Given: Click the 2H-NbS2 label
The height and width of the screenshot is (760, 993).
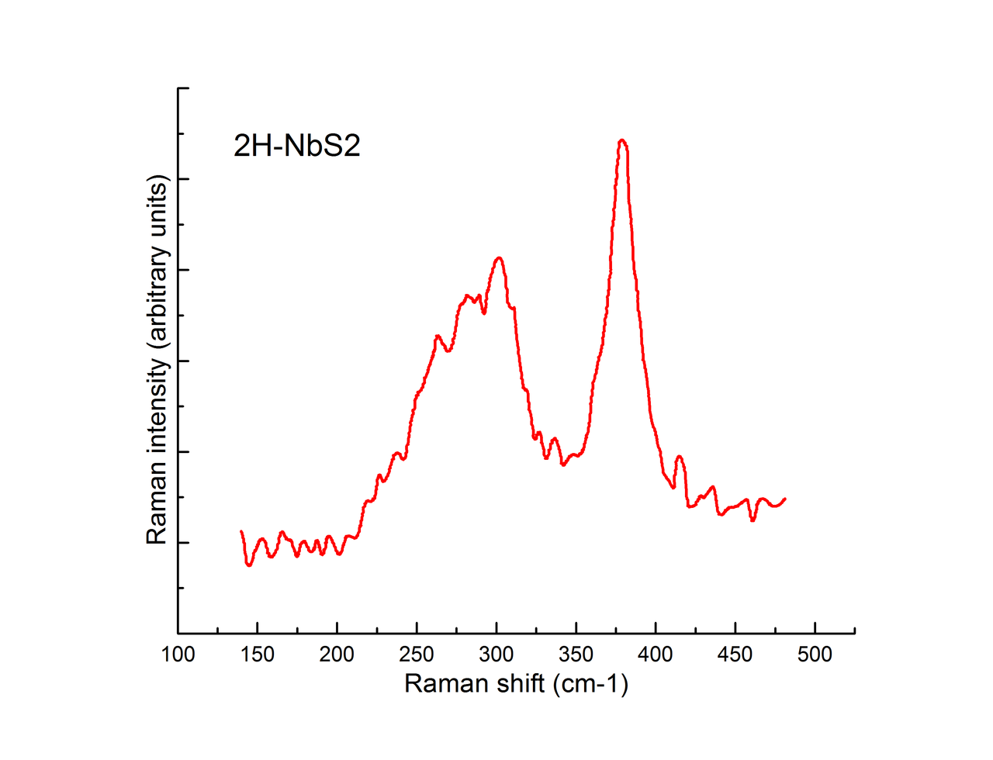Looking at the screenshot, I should [297, 146].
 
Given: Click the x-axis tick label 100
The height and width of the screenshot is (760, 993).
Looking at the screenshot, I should [178, 655].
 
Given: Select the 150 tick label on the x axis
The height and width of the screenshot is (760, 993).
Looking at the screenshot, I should [257, 655].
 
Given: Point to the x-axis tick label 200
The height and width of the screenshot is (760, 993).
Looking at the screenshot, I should [337, 655].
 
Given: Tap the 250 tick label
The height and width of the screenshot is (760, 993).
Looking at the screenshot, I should [417, 655].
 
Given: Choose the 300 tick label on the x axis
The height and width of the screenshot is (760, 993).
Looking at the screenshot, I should [496, 655].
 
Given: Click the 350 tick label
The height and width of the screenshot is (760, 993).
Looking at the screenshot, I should [576, 655].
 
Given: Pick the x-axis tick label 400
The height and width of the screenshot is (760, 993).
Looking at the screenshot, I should [656, 655].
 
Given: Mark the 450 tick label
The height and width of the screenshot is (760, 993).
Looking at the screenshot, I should [735, 655].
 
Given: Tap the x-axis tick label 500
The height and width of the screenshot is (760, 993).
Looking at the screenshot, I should [815, 655].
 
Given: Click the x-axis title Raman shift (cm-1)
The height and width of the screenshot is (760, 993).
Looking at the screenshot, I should [516, 683].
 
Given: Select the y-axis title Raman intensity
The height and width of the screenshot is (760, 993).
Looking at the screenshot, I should [157, 359].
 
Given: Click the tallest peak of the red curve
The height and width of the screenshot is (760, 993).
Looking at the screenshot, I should [621, 140].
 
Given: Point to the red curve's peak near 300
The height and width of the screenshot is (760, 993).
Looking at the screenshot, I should [498, 258].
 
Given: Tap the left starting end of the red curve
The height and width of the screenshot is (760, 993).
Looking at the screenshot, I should [241, 531].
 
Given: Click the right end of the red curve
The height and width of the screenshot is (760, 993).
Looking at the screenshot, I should [785, 499].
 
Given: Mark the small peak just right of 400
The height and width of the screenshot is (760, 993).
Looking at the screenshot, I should [680, 457].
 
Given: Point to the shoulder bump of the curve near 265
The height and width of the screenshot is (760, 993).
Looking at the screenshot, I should [438, 336].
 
